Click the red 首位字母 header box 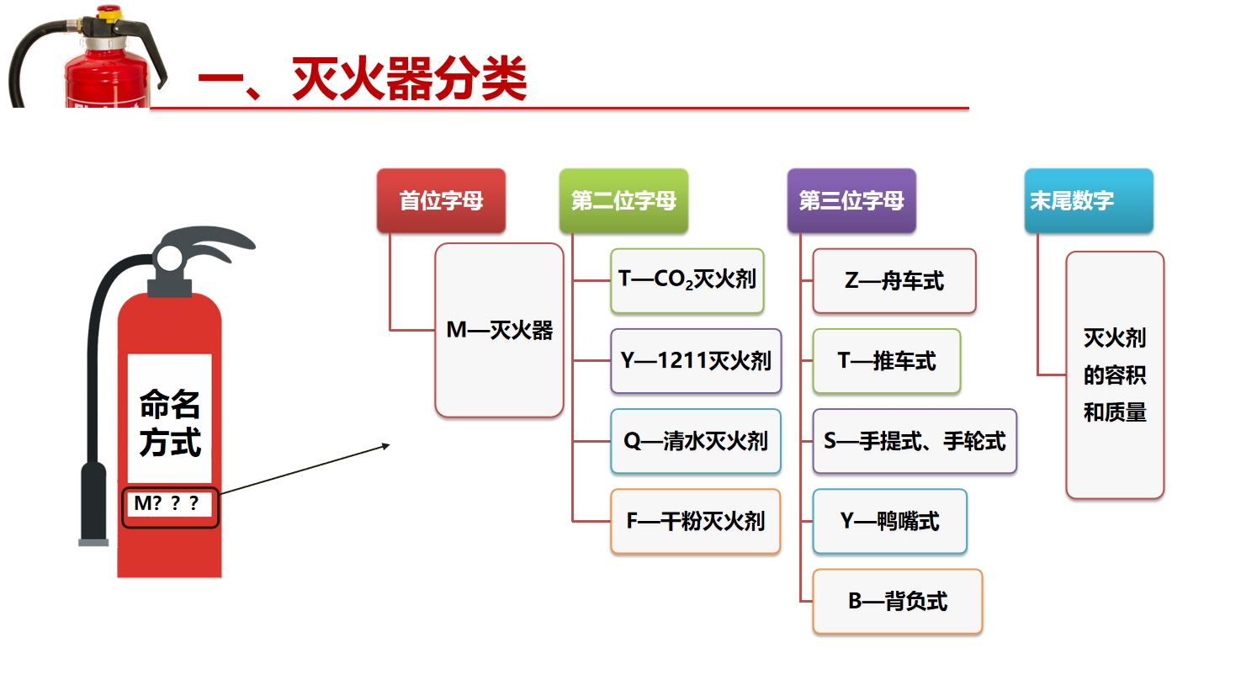(441, 200)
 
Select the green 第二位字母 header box (623, 200)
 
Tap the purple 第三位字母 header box (851, 200)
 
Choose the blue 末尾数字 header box (1089, 200)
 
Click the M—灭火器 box (499, 330)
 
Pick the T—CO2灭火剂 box (687, 281)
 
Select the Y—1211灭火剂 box (696, 361)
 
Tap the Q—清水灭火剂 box (696, 441)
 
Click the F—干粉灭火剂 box (695, 522)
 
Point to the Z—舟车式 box (894, 281)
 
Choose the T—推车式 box (887, 361)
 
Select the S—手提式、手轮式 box (915, 441)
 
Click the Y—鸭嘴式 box (890, 522)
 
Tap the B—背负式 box (898, 601)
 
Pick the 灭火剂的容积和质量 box (1115, 375)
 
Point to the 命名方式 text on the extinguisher (169, 422)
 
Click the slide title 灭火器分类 (410, 78)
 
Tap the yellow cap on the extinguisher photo (109, 14)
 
